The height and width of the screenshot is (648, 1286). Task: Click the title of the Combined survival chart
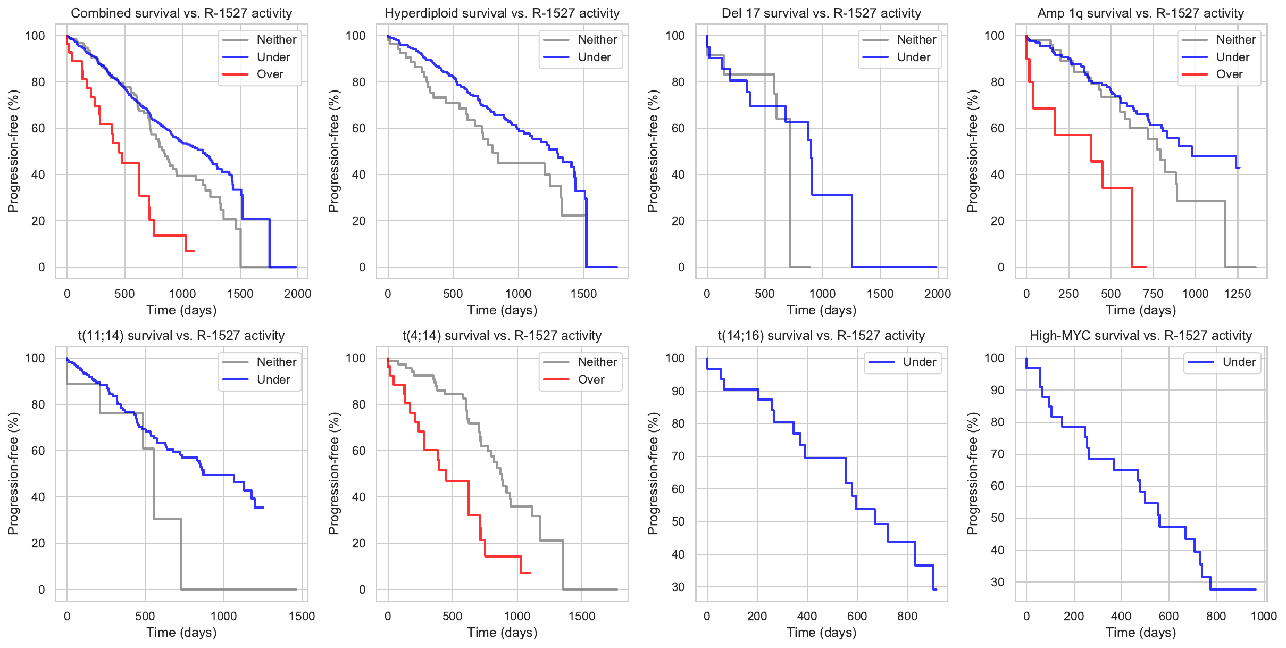tap(181, 13)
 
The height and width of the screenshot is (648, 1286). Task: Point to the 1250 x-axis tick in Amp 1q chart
tap(1238, 294)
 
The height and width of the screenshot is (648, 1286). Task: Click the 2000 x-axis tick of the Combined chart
tap(297, 294)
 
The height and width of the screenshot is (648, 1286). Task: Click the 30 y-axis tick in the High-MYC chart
tap(998, 582)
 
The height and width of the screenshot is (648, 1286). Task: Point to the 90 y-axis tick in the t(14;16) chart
tap(678, 391)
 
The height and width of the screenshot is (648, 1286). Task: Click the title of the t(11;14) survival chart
tap(181, 336)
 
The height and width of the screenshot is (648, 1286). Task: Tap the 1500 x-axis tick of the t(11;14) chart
tap(302, 616)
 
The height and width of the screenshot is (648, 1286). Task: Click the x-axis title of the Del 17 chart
tap(821, 310)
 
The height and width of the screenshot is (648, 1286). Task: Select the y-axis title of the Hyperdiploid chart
tap(333, 151)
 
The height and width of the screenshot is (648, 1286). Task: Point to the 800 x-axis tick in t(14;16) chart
tap(907, 616)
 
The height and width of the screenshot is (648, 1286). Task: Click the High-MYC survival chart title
tap(1141, 336)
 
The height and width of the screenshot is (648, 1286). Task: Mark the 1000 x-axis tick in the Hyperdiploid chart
tap(518, 294)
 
